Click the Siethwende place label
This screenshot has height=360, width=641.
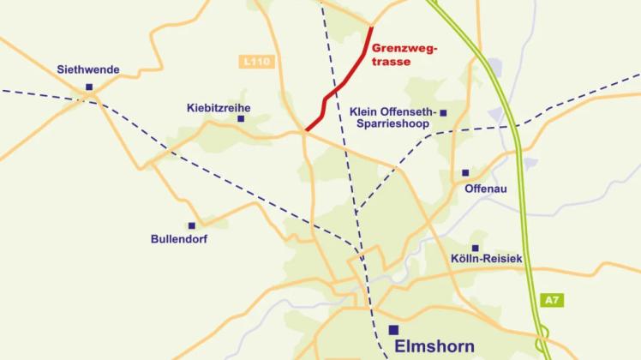(x=88, y=69)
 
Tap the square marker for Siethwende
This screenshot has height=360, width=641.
(x=89, y=87)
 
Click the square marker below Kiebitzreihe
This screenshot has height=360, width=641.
(x=241, y=120)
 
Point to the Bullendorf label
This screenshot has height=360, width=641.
(x=178, y=239)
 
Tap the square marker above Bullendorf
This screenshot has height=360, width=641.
(x=191, y=225)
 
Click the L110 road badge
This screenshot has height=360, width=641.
(x=255, y=63)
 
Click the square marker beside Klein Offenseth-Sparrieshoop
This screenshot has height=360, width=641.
(x=443, y=112)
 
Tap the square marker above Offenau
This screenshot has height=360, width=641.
(x=465, y=172)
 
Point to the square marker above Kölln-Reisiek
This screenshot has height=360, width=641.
(x=474, y=246)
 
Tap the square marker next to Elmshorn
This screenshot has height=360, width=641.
(x=393, y=330)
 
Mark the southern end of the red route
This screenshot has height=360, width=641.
(x=306, y=131)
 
